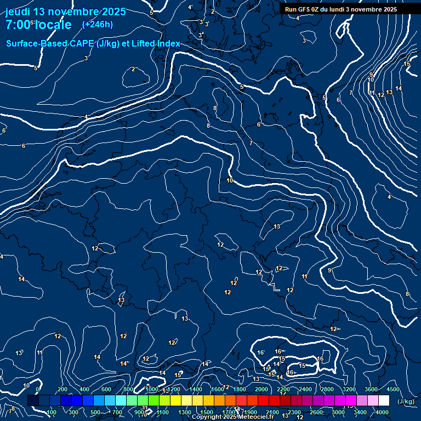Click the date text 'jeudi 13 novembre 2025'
pos(65,12)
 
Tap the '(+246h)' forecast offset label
pos(97,24)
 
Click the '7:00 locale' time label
pos(38,25)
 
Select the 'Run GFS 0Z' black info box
pos(341,9)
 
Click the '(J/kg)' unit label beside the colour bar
pos(406,401)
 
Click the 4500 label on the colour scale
pos(392,389)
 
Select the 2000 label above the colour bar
pos(261,389)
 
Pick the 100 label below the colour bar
pos(52,412)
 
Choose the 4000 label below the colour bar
pos(382,412)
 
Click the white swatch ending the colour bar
pos(384,401)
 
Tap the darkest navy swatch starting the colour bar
pos(33,401)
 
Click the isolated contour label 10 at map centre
pos(230,180)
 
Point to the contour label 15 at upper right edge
pos(407,64)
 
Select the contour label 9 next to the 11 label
pos(371,75)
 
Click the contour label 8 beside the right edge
pos(407,294)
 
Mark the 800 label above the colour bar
pos(129,389)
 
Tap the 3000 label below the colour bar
pos(338,412)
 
